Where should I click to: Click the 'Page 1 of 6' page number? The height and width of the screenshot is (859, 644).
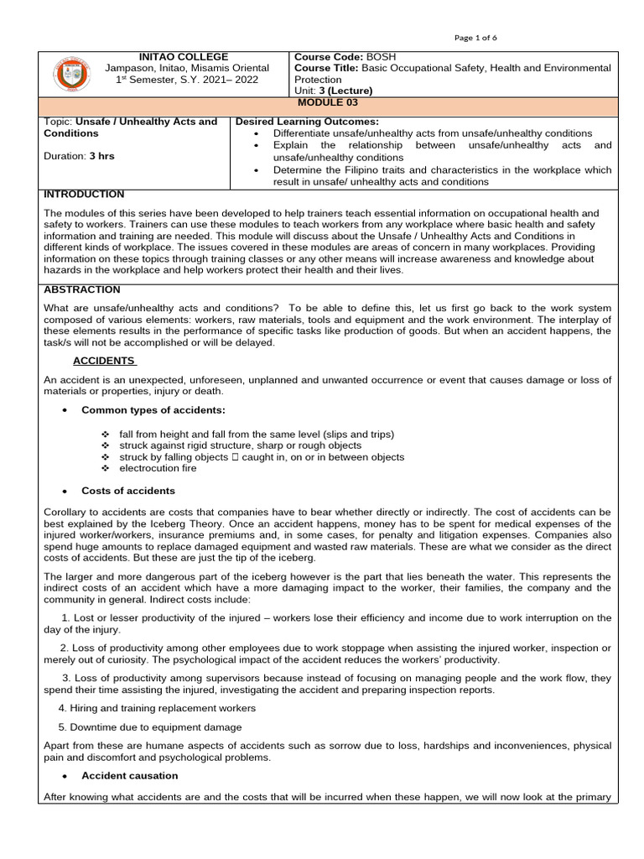point(475,37)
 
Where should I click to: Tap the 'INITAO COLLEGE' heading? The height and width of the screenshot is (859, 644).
point(187,56)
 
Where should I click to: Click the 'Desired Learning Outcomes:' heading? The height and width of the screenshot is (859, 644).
point(307,122)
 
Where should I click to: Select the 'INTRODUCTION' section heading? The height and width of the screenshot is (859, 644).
point(84,194)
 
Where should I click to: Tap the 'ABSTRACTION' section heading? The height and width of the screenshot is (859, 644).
point(82,289)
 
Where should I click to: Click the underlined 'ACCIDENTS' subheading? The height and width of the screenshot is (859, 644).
point(104,360)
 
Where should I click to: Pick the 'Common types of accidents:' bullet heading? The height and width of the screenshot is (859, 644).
point(153,410)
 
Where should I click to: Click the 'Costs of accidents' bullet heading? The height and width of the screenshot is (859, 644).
point(128,490)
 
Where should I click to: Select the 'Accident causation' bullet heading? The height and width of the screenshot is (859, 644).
point(129,776)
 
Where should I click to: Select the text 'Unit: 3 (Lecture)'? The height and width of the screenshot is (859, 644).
point(333,91)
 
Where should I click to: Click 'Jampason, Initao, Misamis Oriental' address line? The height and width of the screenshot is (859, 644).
point(187,68)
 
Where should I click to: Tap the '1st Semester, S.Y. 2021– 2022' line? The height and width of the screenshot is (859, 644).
point(187,80)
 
